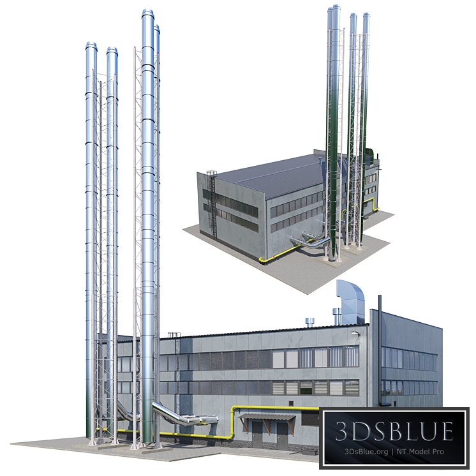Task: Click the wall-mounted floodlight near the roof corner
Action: [x=355, y=333]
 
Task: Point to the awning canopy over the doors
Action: [x=267, y=417]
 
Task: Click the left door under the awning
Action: [x=257, y=434]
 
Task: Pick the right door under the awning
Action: [x=281, y=434]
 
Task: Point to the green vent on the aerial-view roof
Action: [x=370, y=153]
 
